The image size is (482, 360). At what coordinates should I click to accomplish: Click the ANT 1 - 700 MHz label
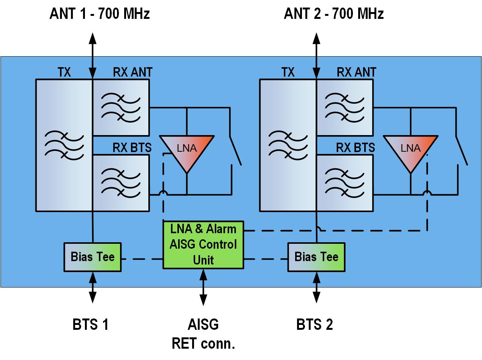[x=100, y=14]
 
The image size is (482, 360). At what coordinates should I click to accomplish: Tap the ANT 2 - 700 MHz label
[x=334, y=14]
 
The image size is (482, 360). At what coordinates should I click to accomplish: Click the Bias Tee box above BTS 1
[x=92, y=257]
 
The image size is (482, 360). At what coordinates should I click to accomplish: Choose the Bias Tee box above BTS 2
[x=316, y=257]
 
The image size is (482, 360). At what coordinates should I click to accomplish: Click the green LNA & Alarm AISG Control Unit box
[x=203, y=245]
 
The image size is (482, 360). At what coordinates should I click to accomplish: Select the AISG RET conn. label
[x=203, y=334]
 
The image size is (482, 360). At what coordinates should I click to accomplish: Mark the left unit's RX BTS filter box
[x=121, y=183]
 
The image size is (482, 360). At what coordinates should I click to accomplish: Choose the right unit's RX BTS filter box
[x=345, y=183]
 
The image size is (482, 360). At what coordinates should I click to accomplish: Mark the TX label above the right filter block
[x=288, y=72]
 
